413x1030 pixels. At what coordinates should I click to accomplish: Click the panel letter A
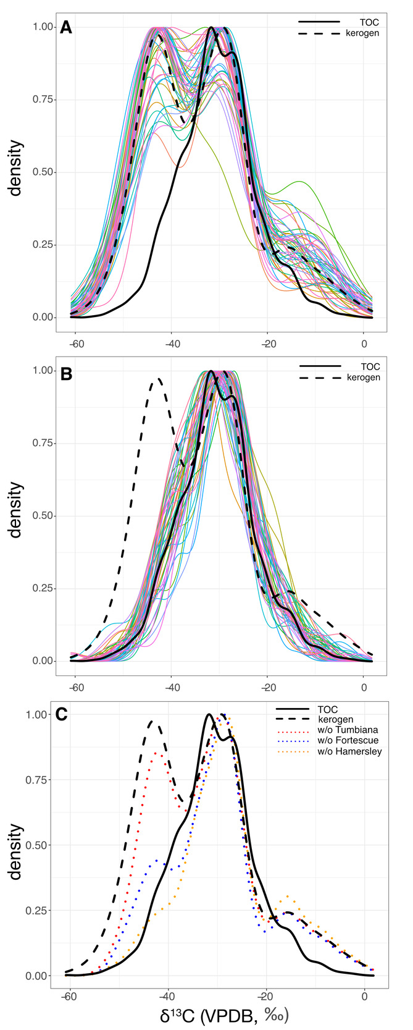pos(65,28)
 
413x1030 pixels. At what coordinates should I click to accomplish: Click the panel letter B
pos(65,375)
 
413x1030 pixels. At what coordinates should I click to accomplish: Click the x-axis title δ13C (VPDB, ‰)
pos(225,1015)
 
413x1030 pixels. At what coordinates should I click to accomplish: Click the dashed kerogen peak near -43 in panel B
pos(158,379)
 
